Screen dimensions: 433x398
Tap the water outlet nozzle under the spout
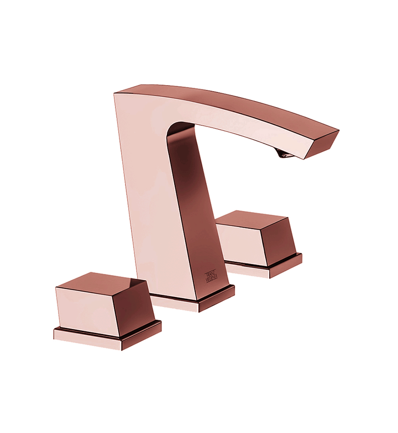(284, 155)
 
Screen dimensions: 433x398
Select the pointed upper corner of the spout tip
(339, 131)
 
